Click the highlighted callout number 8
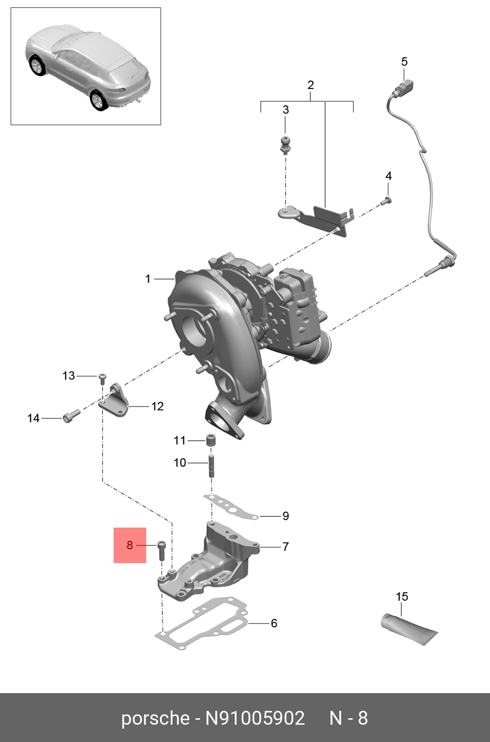point(129,545)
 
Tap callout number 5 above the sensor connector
point(404,62)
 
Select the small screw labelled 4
point(387,200)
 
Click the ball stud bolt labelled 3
point(285,144)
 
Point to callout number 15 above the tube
point(402,596)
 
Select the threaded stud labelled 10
point(211,465)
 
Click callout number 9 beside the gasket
point(285,516)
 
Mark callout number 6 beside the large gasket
point(274,623)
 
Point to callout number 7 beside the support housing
point(285,546)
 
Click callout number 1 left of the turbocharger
point(148,279)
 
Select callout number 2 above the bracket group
point(310,85)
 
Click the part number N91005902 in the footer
point(255,718)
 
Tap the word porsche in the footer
point(155,718)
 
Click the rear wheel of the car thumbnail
point(98,100)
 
